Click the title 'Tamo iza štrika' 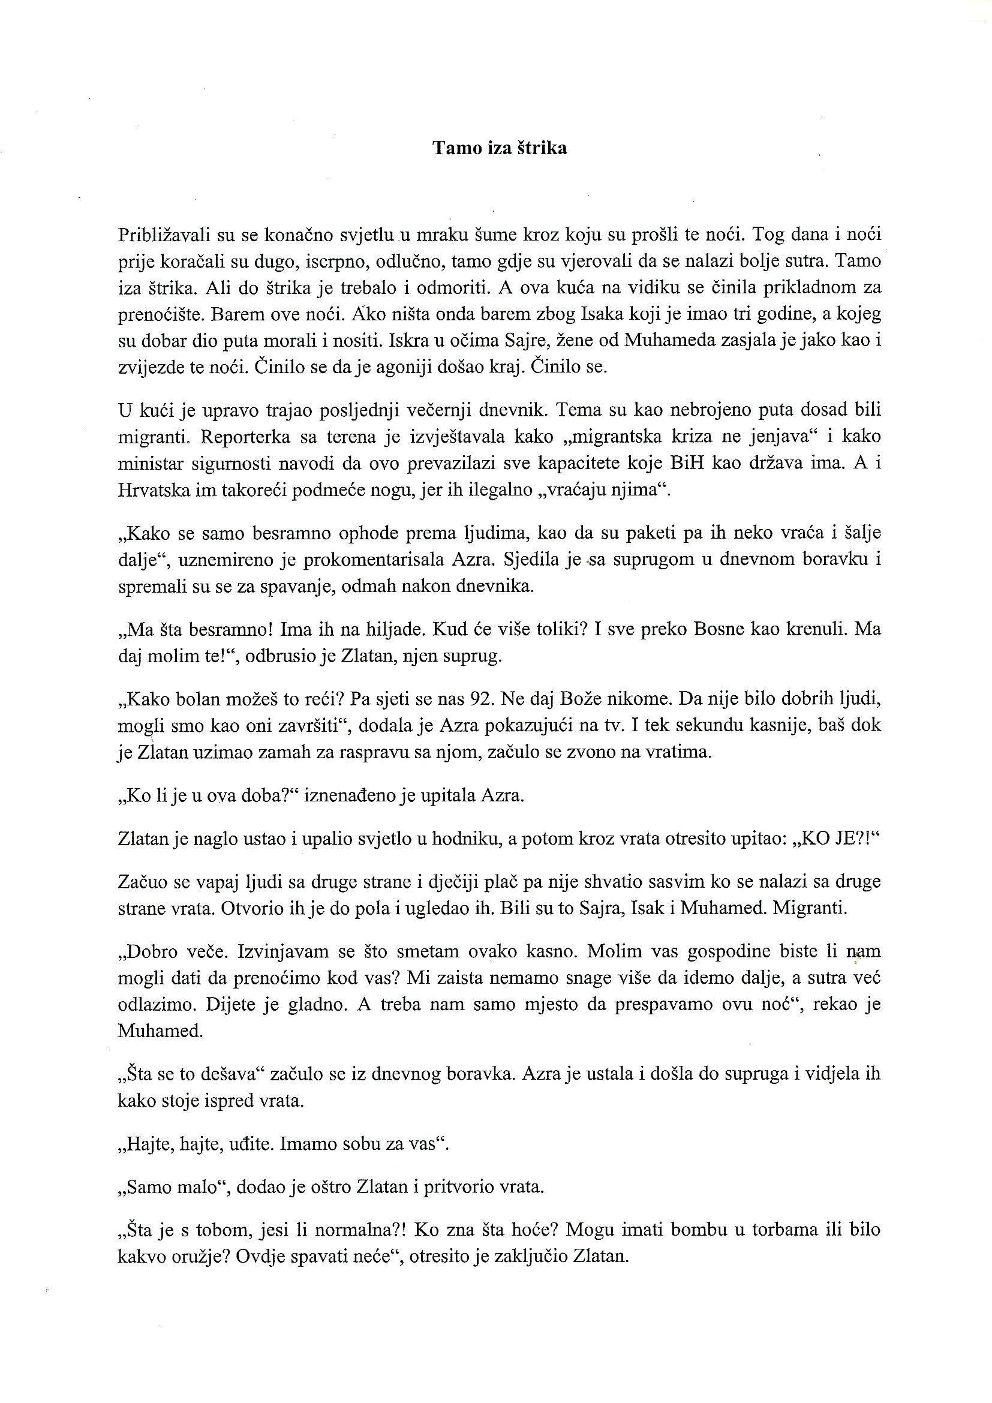(500, 149)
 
